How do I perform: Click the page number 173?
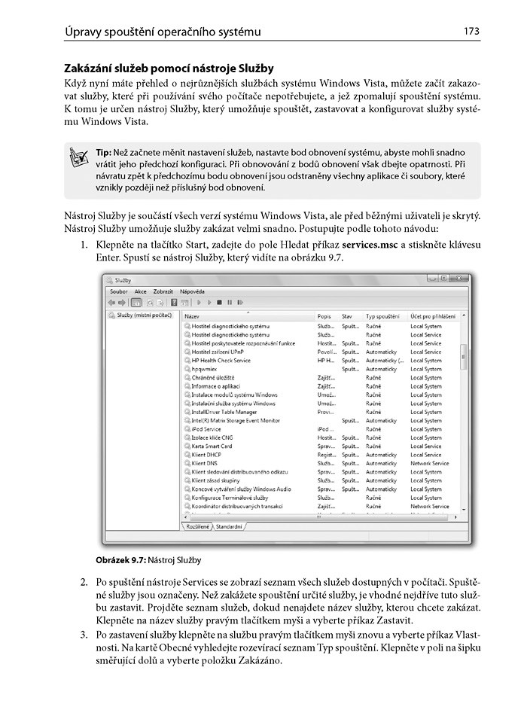tap(472, 31)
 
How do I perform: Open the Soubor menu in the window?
tap(119, 291)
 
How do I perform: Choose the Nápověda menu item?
tap(192, 291)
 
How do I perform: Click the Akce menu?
tap(141, 291)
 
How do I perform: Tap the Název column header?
tap(193, 317)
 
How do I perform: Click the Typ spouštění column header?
tap(382, 317)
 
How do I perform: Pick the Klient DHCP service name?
tap(207, 455)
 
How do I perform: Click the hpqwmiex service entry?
tap(206, 369)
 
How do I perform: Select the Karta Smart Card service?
tap(212, 446)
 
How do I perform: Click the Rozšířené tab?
tap(197, 526)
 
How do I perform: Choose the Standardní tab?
tap(230, 526)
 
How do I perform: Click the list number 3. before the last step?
tap(84, 634)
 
